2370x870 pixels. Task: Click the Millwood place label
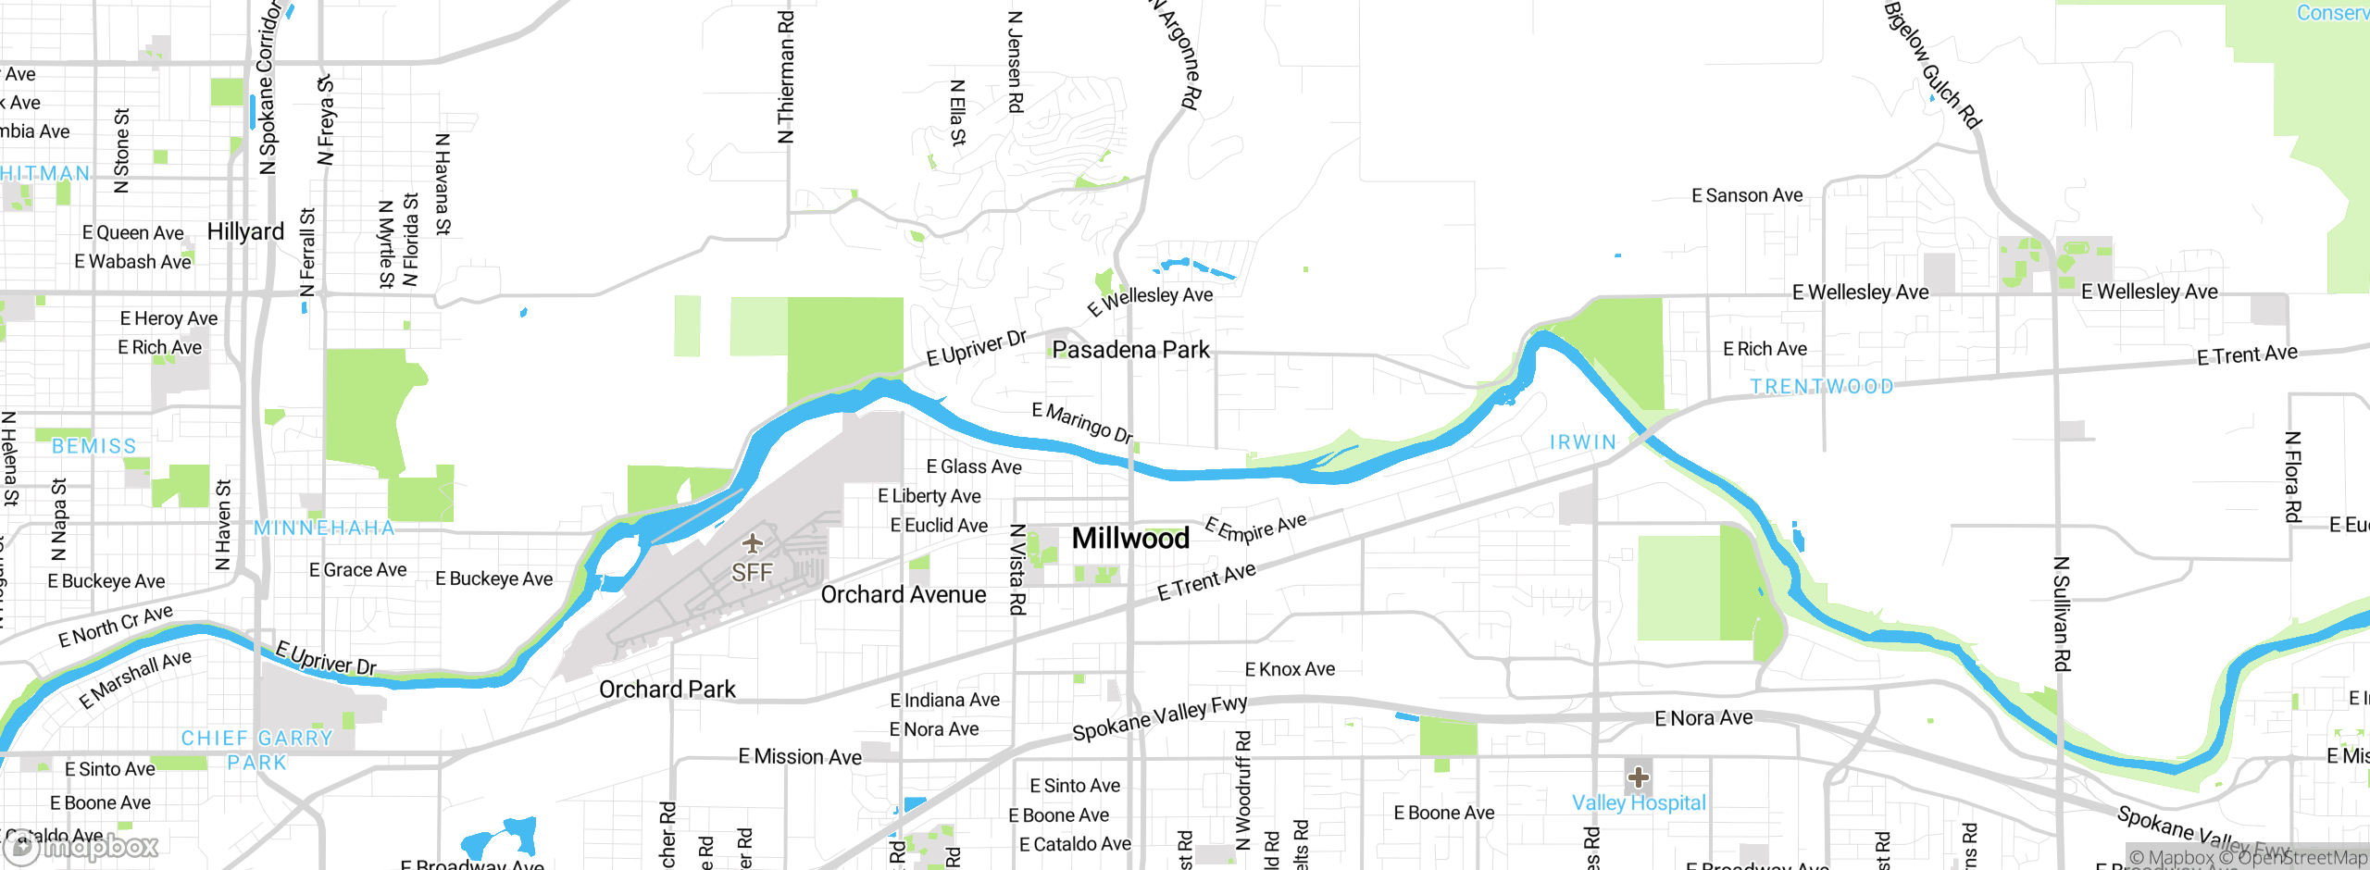pos(1130,538)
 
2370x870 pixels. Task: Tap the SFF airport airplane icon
pos(753,542)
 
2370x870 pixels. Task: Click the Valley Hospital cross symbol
pos(1638,777)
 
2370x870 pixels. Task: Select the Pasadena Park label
pos(1130,350)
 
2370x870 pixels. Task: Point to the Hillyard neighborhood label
pos(245,231)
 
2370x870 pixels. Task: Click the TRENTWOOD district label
pos(1821,386)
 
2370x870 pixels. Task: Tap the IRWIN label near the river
pos(1582,442)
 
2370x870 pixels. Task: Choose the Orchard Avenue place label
pos(903,594)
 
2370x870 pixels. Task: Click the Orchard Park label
pos(667,690)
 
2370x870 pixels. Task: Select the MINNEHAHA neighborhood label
pos(324,528)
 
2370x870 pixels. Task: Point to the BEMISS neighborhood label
pos(94,446)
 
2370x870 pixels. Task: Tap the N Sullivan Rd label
pos(2061,614)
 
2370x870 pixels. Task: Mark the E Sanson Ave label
pos(1747,195)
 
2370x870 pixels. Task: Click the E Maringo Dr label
pos(1082,422)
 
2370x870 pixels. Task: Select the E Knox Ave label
pos(1290,669)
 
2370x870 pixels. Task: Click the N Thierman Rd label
pos(786,77)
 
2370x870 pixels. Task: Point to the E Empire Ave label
pos(1255,528)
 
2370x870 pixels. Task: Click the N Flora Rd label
pos(2292,477)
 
